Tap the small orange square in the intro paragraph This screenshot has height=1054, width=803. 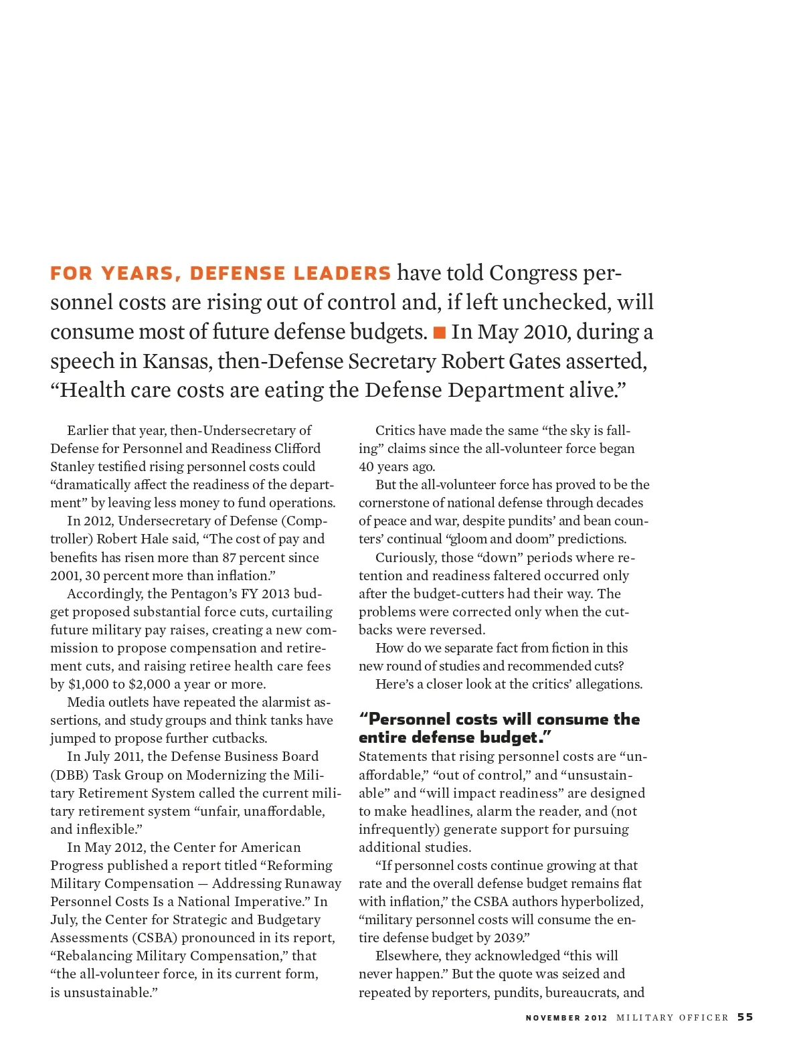coord(440,332)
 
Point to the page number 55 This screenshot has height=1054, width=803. coord(745,1017)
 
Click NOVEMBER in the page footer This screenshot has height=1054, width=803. coord(553,1018)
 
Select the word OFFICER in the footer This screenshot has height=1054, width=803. coord(703,1018)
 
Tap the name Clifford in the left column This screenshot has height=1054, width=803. coord(297,448)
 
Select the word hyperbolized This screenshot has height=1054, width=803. coord(602,901)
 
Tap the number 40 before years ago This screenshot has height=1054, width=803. coord(368,466)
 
